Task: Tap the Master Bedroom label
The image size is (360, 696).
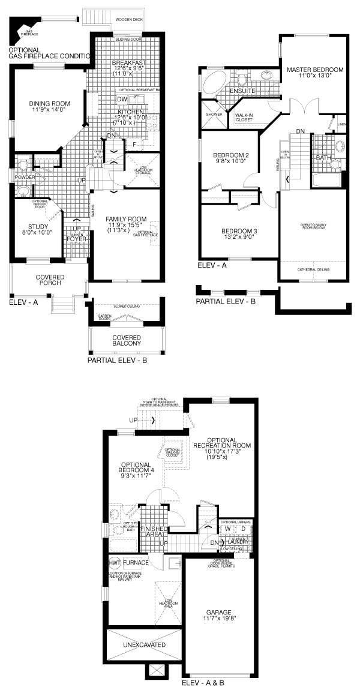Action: coord(315,70)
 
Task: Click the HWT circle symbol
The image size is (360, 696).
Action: coord(115,563)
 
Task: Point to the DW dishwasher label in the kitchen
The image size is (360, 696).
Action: coord(122,99)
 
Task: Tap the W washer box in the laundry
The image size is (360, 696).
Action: coord(228,529)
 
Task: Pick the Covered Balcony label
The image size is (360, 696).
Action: coord(127,340)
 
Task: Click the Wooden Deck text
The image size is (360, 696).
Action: coord(129,19)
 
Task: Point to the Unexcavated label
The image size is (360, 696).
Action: coord(143,645)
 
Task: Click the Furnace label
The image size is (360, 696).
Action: coord(136,563)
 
